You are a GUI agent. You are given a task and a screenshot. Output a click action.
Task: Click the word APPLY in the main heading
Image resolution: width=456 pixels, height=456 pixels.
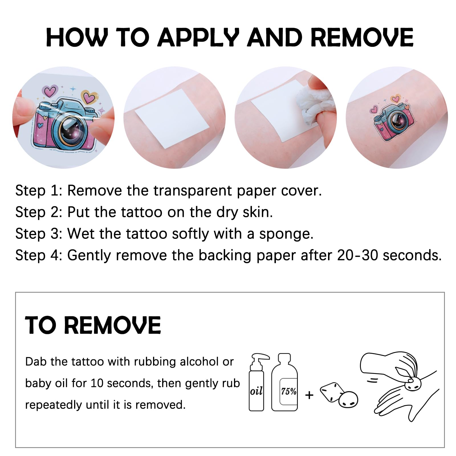(x=198, y=37)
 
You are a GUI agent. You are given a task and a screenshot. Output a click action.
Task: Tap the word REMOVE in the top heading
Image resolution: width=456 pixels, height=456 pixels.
(x=362, y=37)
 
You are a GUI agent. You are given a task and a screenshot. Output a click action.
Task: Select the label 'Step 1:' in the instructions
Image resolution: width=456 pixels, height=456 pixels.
(x=39, y=190)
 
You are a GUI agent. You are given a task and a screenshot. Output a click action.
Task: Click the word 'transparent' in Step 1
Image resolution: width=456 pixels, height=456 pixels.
(x=192, y=190)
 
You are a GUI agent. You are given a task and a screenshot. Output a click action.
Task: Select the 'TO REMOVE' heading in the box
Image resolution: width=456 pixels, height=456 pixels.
(x=93, y=325)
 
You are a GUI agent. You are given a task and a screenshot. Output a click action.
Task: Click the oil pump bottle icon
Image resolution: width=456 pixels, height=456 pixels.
(x=258, y=382)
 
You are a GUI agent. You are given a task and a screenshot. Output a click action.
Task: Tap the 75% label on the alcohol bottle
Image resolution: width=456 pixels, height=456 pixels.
(x=288, y=391)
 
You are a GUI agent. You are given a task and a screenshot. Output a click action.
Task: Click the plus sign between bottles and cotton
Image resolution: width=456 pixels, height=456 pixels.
(x=309, y=395)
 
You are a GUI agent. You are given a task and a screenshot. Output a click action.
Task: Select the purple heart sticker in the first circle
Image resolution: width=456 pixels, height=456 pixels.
(x=50, y=91)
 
